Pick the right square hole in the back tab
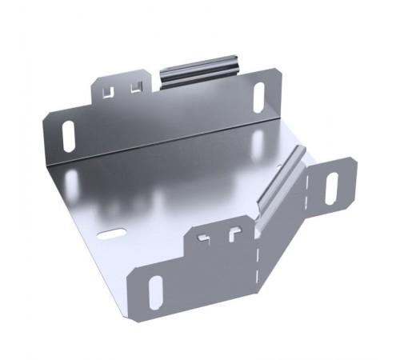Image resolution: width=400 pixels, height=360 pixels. pyautogui.click(x=134, y=86)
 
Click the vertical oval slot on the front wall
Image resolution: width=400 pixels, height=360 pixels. pyautogui.click(x=155, y=293)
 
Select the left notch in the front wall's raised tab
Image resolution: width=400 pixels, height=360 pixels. pyautogui.click(x=206, y=238)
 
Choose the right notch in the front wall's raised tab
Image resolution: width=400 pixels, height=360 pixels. pyautogui.click(x=233, y=235)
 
